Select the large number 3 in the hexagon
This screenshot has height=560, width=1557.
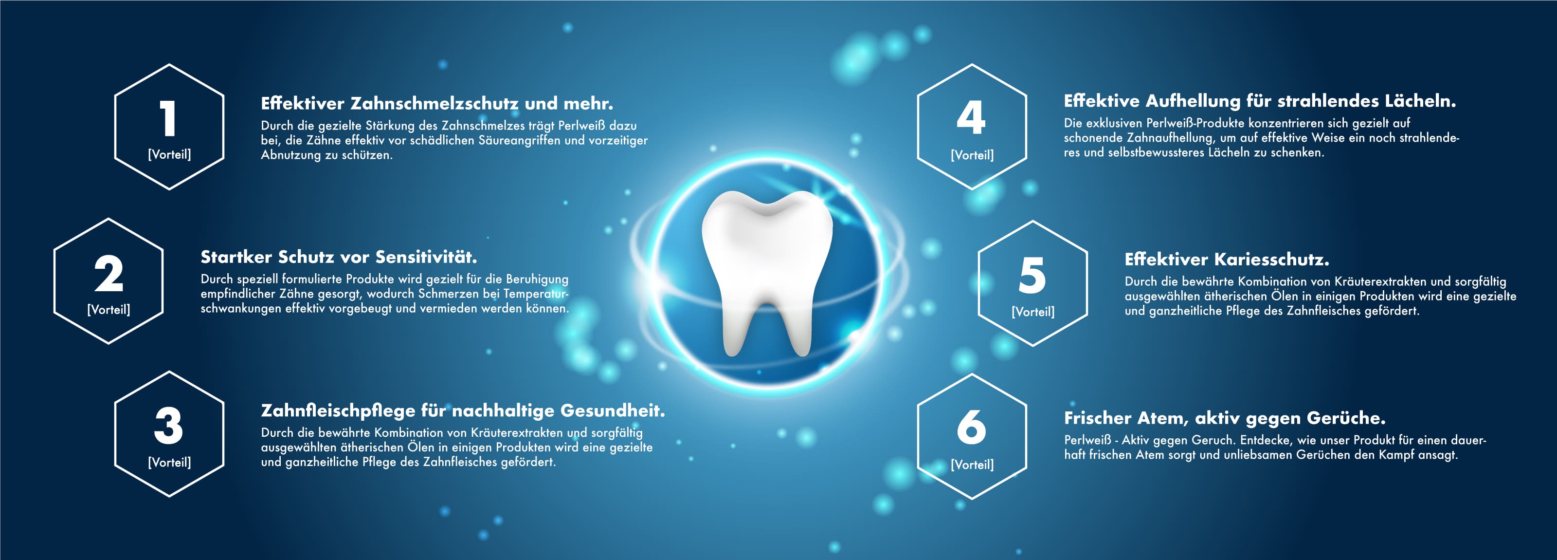pos(169,426)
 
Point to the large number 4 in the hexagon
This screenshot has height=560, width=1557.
pos(971,117)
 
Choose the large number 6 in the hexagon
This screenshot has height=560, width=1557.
pos(971,427)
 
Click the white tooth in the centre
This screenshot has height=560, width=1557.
pos(767,272)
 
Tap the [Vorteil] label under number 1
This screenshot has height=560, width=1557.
pos(169,154)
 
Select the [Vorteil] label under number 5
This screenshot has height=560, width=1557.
pos(1033,312)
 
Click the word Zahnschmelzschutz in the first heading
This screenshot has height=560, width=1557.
pos(435,103)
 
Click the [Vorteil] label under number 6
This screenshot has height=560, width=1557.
pos(972,465)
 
